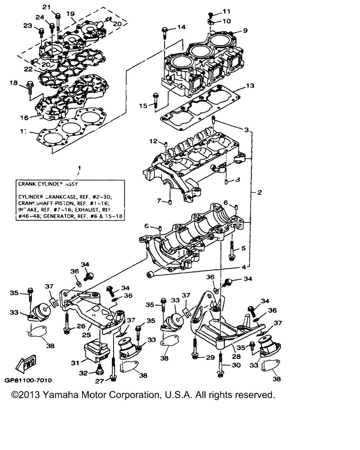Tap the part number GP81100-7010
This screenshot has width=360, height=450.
coord(28,380)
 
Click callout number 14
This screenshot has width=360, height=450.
coord(181,27)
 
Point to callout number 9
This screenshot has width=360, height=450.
coord(245,31)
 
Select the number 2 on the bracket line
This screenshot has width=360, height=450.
coord(259,192)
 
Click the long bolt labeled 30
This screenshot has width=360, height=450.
coord(220,366)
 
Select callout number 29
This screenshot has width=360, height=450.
coord(210,358)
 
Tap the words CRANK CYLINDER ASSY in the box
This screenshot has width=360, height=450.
coord(48,184)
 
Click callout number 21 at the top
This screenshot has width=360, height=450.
coord(46,7)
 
